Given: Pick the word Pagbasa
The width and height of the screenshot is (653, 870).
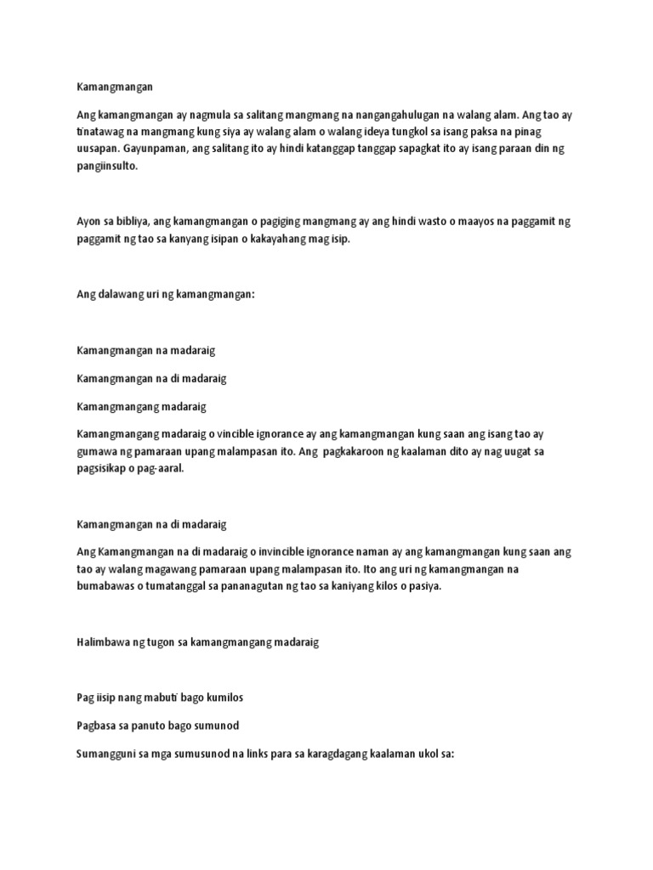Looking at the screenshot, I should (97, 726).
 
